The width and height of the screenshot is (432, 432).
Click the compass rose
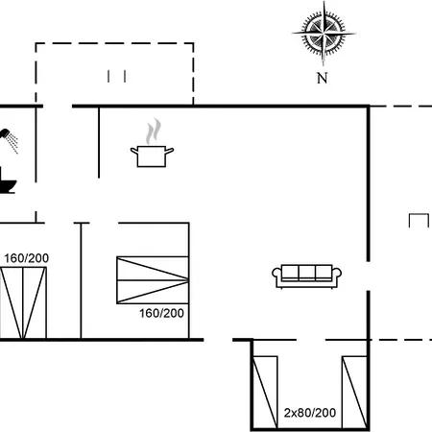(x=324, y=34)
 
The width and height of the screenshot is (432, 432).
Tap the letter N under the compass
(x=323, y=78)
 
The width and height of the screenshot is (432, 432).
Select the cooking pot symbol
(x=152, y=156)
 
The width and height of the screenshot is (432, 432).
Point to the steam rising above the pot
(x=154, y=132)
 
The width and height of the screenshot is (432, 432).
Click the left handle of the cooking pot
(x=134, y=151)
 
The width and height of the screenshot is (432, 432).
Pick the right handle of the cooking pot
(x=170, y=150)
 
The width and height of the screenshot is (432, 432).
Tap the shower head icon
(x=9, y=140)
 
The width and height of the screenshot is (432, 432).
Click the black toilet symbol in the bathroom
(x=7, y=181)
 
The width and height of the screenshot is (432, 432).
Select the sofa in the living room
(x=306, y=276)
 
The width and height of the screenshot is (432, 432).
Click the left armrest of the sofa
(x=276, y=275)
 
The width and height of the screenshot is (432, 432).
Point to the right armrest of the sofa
(x=337, y=275)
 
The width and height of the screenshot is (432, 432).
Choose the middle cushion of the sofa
(x=307, y=273)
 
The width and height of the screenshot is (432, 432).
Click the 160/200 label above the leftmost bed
(x=26, y=258)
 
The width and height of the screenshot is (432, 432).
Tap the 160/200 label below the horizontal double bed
(x=161, y=313)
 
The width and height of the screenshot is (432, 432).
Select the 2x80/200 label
(x=310, y=413)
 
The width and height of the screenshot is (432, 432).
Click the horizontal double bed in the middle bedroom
(x=153, y=280)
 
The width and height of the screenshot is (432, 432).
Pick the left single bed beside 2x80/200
(x=265, y=392)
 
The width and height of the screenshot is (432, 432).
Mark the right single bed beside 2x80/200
(x=354, y=392)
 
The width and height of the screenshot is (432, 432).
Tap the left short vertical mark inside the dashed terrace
(x=108, y=77)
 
